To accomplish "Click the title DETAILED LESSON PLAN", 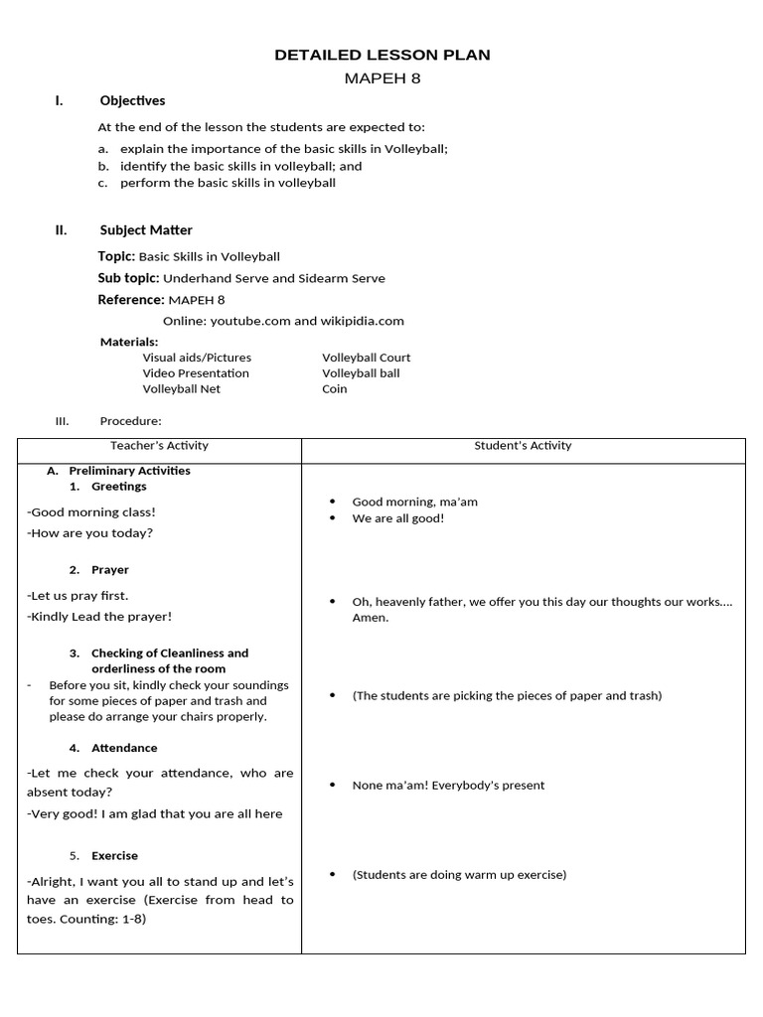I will (381, 56).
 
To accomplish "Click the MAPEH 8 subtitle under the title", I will (381, 79).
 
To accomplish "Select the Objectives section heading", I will (132, 101).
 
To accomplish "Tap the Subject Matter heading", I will (146, 230).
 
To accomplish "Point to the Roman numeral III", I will (63, 421).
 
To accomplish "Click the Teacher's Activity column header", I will (160, 446).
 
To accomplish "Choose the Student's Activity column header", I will (523, 446).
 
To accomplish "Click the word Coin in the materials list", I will (335, 389).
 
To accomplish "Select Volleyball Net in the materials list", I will (182, 389).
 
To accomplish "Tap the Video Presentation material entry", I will (196, 373).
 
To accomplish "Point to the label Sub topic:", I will (128, 279).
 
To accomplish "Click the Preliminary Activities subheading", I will (129, 471).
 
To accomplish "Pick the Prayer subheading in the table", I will (110, 570).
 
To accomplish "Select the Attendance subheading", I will (124, 748).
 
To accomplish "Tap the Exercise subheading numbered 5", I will (114, 856).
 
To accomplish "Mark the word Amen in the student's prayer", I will (371, 618).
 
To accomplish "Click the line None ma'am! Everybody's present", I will (448, 786).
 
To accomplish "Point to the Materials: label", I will (129, 342).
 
